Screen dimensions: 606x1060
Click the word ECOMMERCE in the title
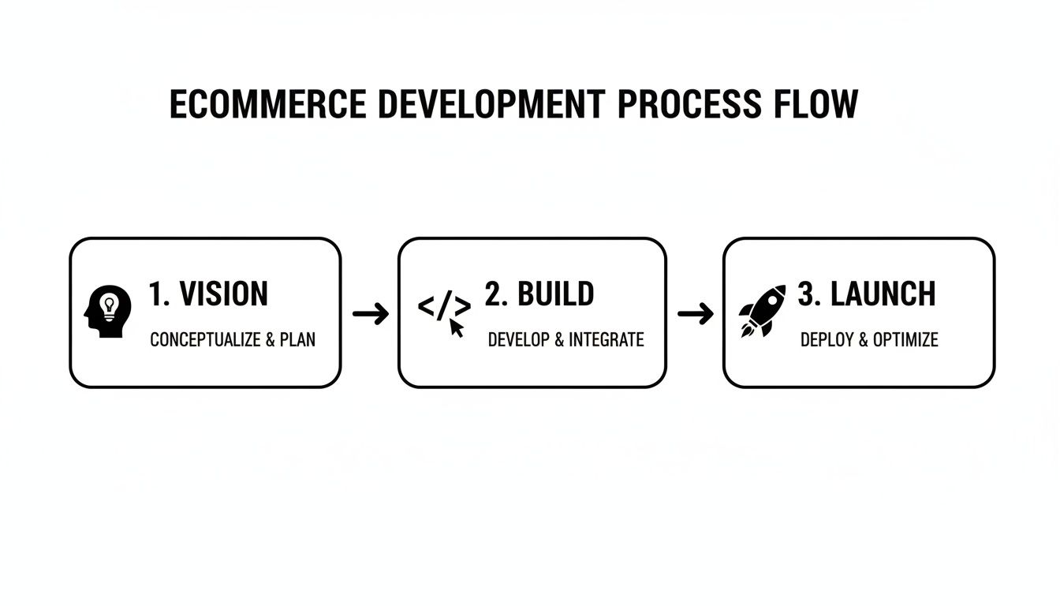coord(267,105)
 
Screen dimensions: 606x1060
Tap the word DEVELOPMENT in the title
coord(489,105)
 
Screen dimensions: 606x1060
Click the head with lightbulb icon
coord(107,312)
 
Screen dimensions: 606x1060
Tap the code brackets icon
coord(444,307)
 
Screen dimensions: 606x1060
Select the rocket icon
coord(762,311)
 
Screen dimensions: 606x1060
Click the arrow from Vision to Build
coord(370,314)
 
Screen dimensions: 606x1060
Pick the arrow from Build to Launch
coord(695,314)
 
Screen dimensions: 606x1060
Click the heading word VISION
coord(224,294)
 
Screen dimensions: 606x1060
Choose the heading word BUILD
coord(555,294)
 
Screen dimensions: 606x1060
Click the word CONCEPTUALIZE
coord(204,340)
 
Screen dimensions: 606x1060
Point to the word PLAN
coord(297,340)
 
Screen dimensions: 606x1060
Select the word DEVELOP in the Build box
coord(518,340)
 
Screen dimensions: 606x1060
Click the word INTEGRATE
coord(606,340)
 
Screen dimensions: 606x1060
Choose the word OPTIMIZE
coord(905,340)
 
